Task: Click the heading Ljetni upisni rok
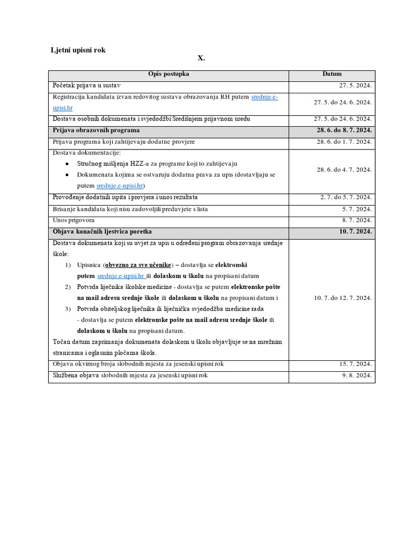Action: pyautogui.click(x=78, y=50)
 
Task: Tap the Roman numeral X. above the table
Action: pyautogui.click(x=201, y=58)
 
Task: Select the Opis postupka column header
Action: pyautogui.click(x=168, y=74)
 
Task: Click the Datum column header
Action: pyautogui.click(x=332, y=74)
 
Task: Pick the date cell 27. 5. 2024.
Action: pyautogui.click(x=355, y=85)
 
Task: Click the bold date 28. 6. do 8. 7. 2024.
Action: pyautogui.click(x=344, y=130)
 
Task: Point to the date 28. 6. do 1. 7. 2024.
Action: pyautogui.click(x=344, y=142)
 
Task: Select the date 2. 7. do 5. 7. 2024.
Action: pyautogui.click(x=346, y=198)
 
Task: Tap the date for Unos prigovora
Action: pyautogui.click(x=357, y=220)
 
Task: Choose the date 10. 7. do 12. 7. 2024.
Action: pyautogui.click(x=343, y=298)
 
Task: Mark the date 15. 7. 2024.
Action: pyautogui.click(x=355, y=364)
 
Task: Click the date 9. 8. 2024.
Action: pyautogui.click(x=357, y=375)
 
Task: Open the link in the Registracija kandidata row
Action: pyautogui.click(x=264, y=97)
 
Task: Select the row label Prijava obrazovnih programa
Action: pyautogui.click(x=96, y=130)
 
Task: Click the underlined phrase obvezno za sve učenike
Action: pyautogui.click(x=138, y=265)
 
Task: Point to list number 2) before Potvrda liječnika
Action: pyautogui.click(x=68, y=287)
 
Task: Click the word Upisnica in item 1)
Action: pyautogui.click(x=88, y=265)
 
